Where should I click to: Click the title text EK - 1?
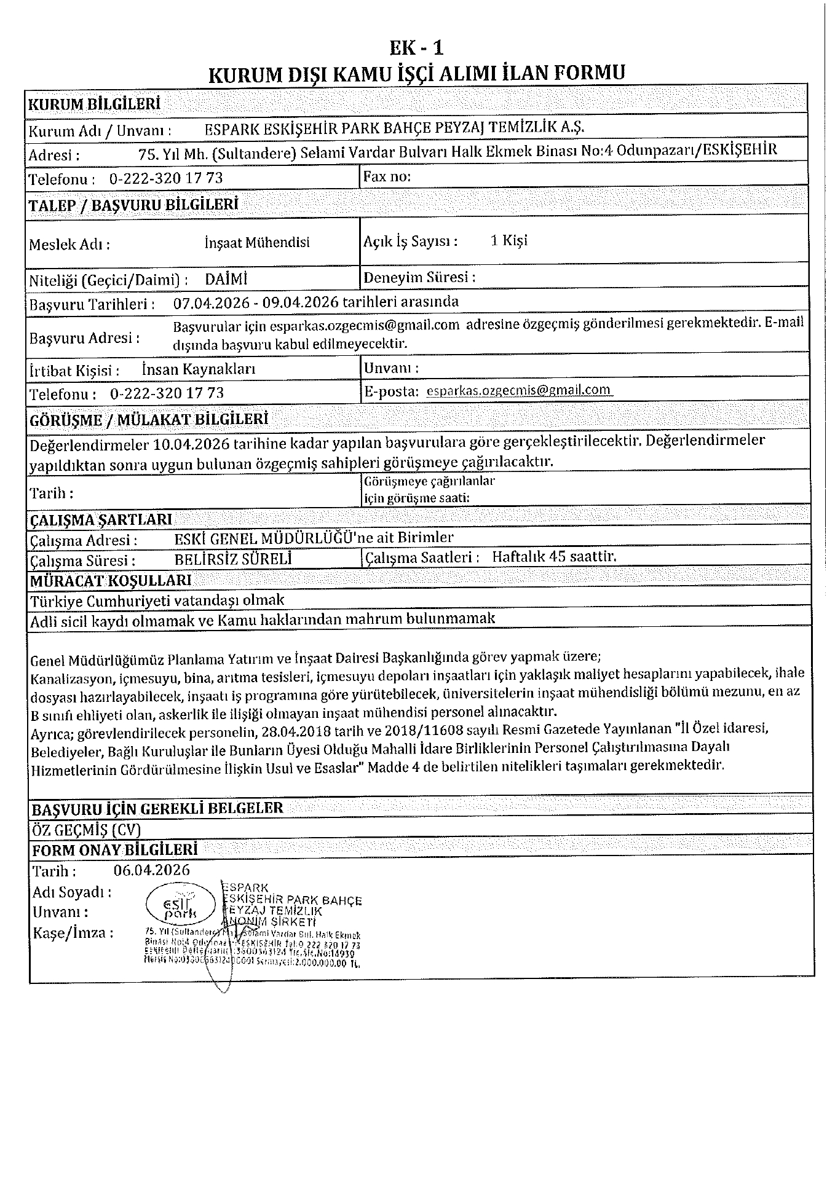[x=417, y=48]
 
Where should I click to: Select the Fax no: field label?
[x=387, y=177]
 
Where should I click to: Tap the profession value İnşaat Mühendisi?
[x=257, y=242]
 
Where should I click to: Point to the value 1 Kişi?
[x=509, y=240]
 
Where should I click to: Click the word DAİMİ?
[x=226, y=279]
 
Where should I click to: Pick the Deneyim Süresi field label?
[x=419, y=277]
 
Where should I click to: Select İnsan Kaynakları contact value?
[x=198, y=369]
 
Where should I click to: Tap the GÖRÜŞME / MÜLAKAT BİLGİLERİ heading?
[x=149, y=420]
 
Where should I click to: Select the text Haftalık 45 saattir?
[x=554, y=557]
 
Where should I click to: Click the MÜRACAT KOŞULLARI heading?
[x=111, y=580]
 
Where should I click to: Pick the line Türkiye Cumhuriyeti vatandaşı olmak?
[x=157, y=600]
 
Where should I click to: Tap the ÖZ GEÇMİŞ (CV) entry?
[x=86, y=830]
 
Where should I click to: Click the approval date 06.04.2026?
[x=151, y=870]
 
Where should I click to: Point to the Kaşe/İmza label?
[x=73, y=933]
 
